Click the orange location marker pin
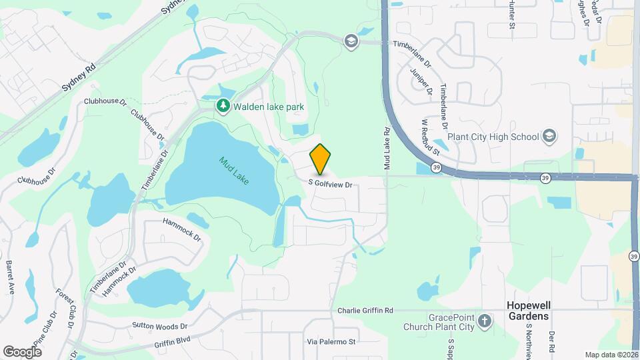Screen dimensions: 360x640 321,159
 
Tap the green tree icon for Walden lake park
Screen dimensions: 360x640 223,106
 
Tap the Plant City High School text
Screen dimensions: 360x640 493,137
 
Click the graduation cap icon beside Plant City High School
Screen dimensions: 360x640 549,137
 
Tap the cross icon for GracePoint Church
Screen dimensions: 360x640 485,322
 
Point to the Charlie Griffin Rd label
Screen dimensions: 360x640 365,310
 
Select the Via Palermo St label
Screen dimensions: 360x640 332,341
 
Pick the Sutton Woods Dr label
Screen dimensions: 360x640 160,327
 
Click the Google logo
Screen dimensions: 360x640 23,351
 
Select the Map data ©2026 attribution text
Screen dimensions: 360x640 611,355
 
